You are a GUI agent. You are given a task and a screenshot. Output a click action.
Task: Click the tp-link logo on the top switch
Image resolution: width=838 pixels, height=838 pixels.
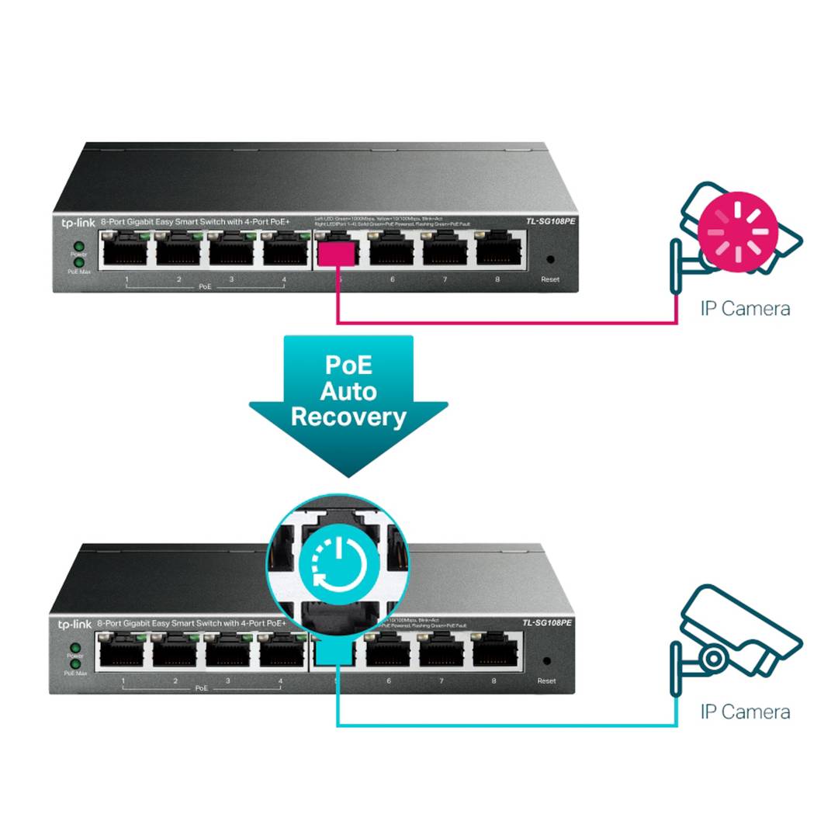pos(78,223)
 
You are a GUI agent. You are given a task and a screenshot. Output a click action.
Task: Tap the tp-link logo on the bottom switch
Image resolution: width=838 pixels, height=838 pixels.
pos(74,624)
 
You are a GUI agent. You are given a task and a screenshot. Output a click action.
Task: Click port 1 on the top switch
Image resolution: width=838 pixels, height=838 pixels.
pos(126,249)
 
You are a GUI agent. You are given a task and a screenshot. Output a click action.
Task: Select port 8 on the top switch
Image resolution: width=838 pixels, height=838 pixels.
pos(497,249)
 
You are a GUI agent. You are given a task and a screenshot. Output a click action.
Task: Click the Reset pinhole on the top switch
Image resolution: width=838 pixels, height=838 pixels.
pos(550,260)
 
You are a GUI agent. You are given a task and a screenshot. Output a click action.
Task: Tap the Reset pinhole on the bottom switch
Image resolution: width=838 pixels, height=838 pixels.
pos(547,661)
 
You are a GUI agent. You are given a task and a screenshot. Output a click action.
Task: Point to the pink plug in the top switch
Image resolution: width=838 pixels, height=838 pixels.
pos(338,252)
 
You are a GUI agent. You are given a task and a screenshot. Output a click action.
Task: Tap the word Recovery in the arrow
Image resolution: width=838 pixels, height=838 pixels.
pos(348,417)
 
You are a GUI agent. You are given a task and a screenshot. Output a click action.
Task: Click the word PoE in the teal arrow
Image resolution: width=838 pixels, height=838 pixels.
pos(348,365)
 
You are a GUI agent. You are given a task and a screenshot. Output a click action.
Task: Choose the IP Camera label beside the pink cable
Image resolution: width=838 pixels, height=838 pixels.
pos(745,309)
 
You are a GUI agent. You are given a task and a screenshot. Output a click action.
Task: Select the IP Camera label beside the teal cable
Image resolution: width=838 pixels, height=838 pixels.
pos(745,712)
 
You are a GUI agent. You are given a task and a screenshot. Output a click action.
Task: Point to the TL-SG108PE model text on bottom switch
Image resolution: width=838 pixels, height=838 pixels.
pos(547,623)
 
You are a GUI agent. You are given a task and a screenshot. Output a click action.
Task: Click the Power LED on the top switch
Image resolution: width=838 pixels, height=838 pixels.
pos(78,244)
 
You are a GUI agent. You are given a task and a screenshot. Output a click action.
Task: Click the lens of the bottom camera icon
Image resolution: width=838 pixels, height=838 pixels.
pos(714,659)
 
